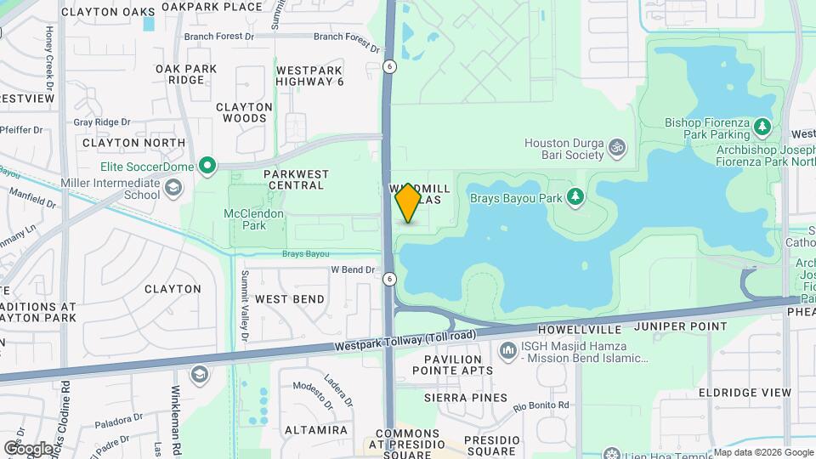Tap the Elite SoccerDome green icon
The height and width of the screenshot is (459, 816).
(207, 165)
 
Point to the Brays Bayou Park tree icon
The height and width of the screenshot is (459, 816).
(576, 197)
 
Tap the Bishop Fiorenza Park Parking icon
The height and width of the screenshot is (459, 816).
(763, 127)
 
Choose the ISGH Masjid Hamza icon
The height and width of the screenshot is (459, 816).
(508, 350)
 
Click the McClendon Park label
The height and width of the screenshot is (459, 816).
(245, 219)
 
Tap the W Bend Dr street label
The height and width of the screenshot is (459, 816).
(352, 269)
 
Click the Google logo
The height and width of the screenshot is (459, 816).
(28, 448)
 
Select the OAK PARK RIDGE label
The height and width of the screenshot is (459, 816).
(186, 75)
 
